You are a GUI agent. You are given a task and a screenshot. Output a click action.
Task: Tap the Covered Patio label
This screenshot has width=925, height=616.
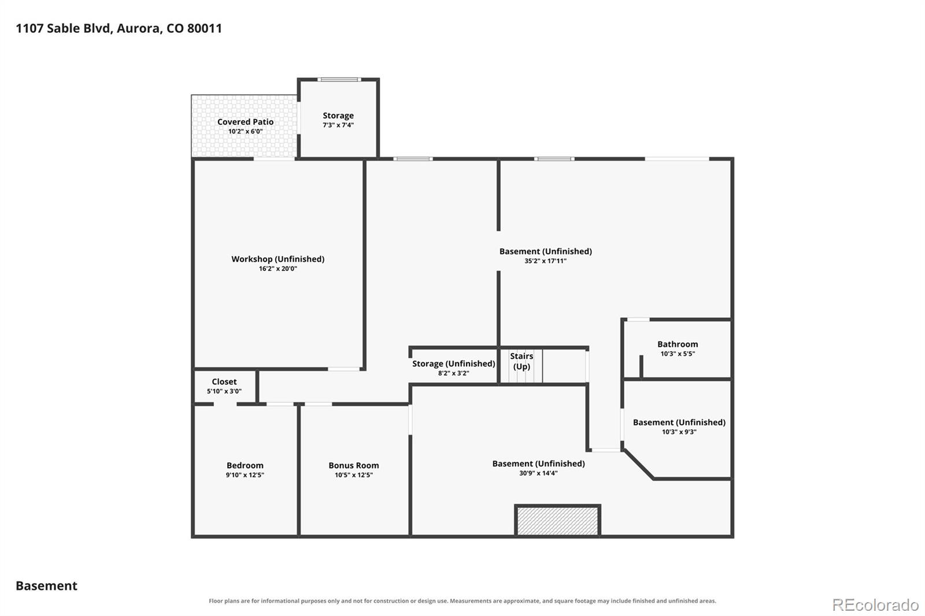pyautogui.click(x=245, y=122)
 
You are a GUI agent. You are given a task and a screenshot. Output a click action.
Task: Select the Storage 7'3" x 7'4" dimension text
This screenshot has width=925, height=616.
pyautogui.click(x=338, y=125)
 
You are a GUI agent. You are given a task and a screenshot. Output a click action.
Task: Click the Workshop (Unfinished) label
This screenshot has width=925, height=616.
pyautogui.click(x=278, y=259)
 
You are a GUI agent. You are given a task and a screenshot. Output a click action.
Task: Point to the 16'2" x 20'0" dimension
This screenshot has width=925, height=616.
pyautogui.click(x=278, y=269)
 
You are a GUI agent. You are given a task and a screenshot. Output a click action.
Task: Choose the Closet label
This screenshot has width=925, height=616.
pyautogui.click(x=224, y=382)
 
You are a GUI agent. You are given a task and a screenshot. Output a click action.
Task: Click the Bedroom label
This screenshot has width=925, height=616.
pyautogui.click(x=245, y=466)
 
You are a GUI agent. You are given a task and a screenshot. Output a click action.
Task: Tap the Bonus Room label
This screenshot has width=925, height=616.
pyautogui.click(x=354, y=466)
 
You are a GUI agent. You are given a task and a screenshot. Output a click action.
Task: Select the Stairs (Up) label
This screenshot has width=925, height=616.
pyautogui.click(x=521, y=361)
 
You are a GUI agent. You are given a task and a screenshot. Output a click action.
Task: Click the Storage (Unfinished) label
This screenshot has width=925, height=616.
pyautogui.click(x=454, y=363)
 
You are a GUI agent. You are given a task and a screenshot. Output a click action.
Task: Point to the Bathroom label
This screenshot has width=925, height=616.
pyautogui.click(x=678, y=344)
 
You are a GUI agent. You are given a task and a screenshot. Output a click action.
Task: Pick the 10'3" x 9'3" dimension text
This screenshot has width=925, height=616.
pyautogui.click(x=679, y=432)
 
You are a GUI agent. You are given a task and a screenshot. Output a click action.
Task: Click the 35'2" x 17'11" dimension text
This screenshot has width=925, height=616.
pyautogui.click(x=546, y=261)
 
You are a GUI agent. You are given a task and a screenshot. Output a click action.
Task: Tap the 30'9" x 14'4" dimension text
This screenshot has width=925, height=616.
pyautogui.click(x=538, y=473)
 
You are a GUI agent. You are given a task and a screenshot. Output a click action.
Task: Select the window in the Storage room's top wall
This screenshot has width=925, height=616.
pyautogui.click(x=339, y=79)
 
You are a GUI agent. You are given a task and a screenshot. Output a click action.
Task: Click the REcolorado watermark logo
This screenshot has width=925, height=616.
pyautogui.click(x=875, y=605)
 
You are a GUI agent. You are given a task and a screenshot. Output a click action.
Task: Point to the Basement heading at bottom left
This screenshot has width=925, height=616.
pyautogui.click(x=47, y=586)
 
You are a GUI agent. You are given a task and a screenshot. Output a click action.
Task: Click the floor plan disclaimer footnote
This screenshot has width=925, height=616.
pyautogui.click(x=462, y=601)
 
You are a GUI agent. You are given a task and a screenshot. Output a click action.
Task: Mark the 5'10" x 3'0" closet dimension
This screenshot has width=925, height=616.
pyautogui.click(x=224, y=391)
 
